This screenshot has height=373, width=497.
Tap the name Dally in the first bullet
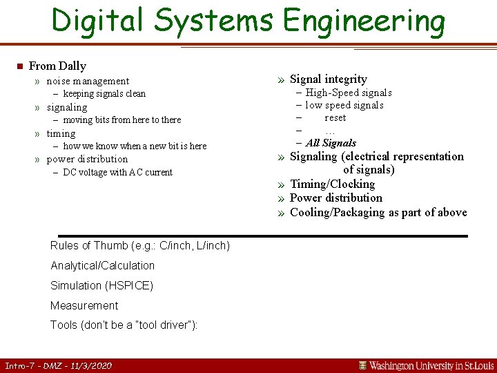coord(72,66)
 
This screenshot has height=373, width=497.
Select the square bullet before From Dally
coord(19,66)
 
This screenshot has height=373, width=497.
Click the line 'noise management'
coord(88,82)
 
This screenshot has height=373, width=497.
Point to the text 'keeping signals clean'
coord(104,94)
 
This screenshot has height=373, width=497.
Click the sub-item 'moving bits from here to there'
coord(121,120)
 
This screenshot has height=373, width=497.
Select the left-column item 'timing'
coord(61,133)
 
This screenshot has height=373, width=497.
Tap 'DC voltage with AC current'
coord(117,173)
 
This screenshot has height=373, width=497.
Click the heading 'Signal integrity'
coord(328,79)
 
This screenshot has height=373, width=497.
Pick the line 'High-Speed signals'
coord(349,93)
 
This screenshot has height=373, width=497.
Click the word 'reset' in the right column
coord(335,117)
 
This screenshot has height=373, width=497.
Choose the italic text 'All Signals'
coord(331,143)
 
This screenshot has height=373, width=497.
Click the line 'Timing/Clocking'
coord(332,184)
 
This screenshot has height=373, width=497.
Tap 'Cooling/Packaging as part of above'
coord(378,212)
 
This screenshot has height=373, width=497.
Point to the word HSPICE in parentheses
coord(127,286)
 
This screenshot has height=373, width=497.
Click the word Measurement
coord(84,306)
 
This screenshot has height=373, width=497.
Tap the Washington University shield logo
coord(362,365)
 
